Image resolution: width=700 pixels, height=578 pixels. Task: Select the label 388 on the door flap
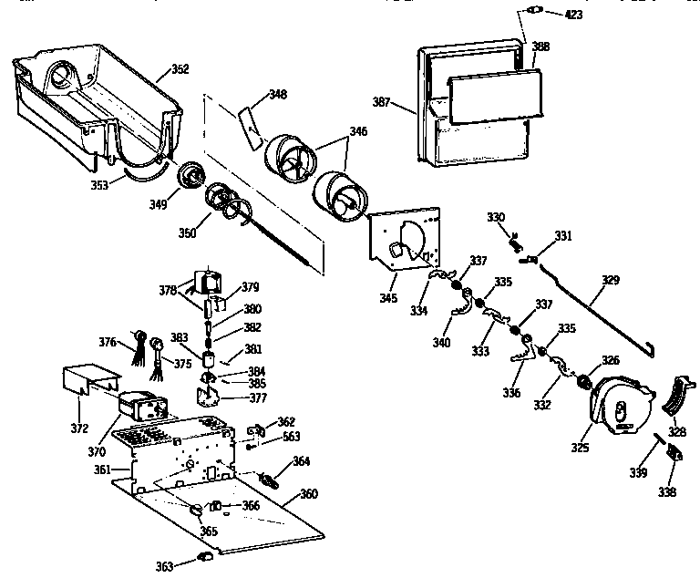coord(540,46)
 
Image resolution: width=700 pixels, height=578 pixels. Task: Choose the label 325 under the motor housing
coord(579,447)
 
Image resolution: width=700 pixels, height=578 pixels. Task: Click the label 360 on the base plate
coord(308,494)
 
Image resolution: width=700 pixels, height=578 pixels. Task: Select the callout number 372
coord(79,428)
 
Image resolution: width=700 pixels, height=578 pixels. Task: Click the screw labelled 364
coord(271,477)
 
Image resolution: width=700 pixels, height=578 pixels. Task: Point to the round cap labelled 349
coord(191,174)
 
